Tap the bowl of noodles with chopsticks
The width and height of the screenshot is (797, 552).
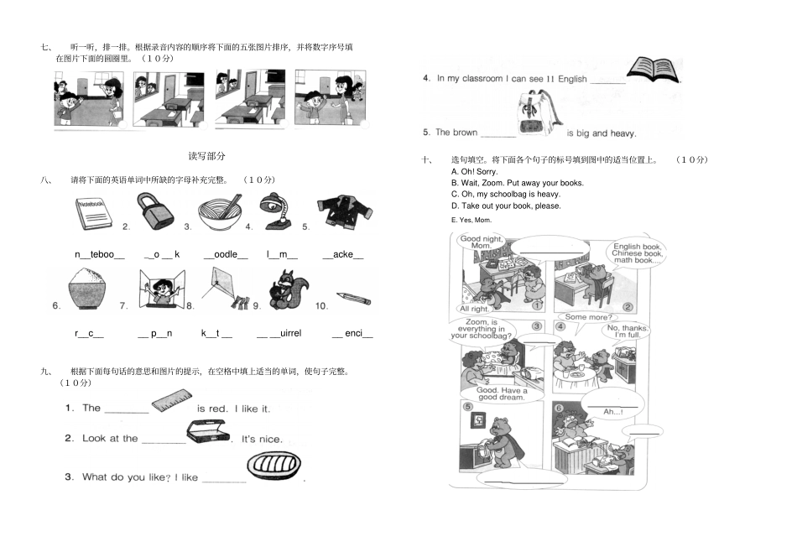coord(220,214)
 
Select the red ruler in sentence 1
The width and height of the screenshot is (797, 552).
coord(173,403)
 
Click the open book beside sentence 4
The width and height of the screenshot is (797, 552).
coord(654,70)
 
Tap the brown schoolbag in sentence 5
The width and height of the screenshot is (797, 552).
coord(533,117)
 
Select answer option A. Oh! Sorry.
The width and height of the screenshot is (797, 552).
coord(474,171)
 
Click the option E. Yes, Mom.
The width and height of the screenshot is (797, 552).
coord(471,220)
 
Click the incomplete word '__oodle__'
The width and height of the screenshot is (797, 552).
coord(226,254)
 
